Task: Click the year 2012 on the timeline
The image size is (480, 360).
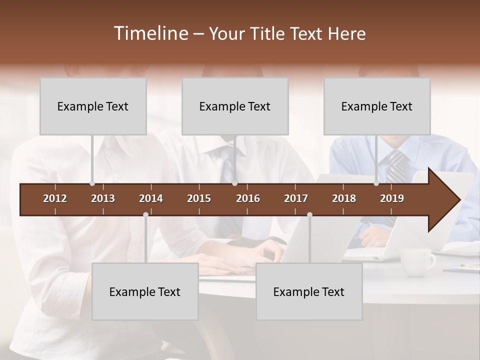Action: (x=55, y=198)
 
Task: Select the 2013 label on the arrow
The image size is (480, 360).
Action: (x=103, y=198)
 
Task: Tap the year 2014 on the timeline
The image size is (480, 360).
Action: (x=151, y=198)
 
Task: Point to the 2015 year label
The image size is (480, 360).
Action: (x=199, y=198)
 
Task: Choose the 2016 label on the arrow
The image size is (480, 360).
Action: (x=248, y=198)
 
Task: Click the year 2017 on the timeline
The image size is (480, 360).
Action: (x=296, y=198)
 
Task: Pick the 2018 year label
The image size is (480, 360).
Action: (x=344, y=198)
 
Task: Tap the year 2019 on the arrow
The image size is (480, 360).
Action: (x=392, y=198)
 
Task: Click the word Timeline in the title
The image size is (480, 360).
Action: (x=151, y=33)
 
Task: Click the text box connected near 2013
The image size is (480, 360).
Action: (x=93, y=106)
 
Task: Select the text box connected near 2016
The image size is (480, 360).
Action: (x=235, y=106)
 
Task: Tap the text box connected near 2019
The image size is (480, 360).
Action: (x=377, y=106)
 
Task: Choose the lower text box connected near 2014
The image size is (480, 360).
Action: (x=145, y=291)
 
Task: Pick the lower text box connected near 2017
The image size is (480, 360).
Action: (x=309, y=291)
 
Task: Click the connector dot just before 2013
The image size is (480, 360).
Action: (x=92, y=183)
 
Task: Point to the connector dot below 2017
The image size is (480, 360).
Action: (x=309, y=215)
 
